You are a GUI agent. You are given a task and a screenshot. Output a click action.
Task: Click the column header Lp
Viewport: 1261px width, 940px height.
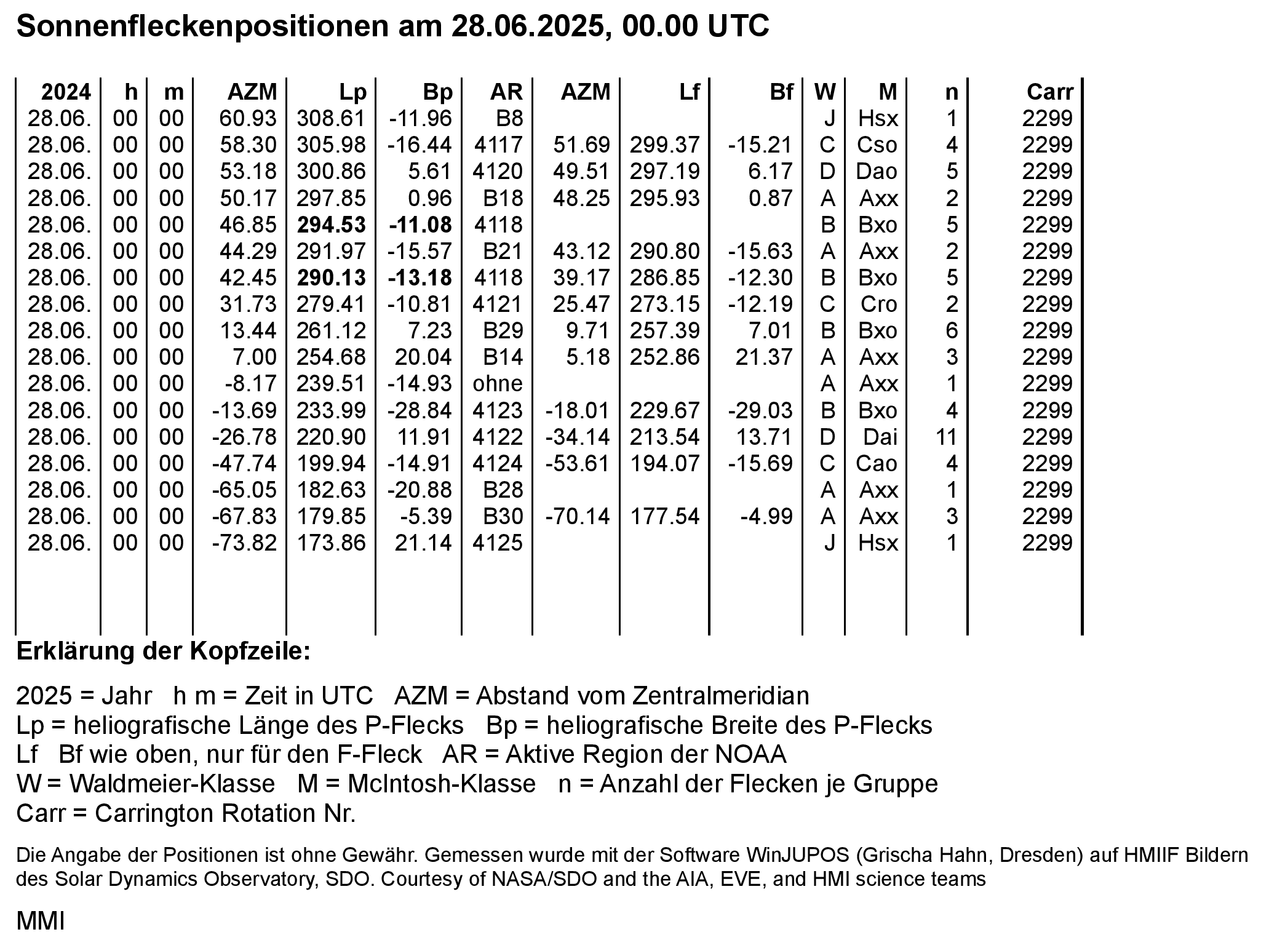(352, 92)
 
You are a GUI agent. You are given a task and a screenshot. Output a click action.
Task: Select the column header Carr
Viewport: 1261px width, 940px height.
(1049, 92)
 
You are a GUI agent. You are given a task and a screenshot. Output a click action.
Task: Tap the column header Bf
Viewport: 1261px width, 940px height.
(781, 92)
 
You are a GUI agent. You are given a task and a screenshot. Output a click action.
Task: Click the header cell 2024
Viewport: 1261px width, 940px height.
(66, 92)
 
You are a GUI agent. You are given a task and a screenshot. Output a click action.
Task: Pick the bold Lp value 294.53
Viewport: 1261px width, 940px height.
(332, 225)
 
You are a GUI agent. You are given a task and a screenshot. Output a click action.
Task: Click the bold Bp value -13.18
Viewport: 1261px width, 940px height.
(420, 278)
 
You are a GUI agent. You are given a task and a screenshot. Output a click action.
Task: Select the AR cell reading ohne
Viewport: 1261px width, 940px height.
(498, 384)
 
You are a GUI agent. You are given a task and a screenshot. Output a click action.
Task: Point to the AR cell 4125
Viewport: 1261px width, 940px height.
(498, 543)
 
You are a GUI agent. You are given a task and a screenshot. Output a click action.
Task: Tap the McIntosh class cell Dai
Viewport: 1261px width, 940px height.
(880, 437)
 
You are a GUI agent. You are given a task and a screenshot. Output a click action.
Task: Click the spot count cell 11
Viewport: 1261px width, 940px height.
(946, 437)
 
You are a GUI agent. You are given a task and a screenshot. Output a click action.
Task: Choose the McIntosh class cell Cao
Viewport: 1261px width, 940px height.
(877, 464)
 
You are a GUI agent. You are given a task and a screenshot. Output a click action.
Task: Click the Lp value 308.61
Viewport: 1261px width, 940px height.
(332, 119)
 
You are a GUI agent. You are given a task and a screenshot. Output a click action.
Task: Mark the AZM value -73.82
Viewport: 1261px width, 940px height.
(244, 543)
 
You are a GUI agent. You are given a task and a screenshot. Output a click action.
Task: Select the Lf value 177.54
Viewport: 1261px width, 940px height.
(665, 517)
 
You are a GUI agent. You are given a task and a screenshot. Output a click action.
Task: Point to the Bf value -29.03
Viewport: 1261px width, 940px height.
(760, 411)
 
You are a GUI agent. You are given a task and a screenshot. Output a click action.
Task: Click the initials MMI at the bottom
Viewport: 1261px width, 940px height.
(41, 921)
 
